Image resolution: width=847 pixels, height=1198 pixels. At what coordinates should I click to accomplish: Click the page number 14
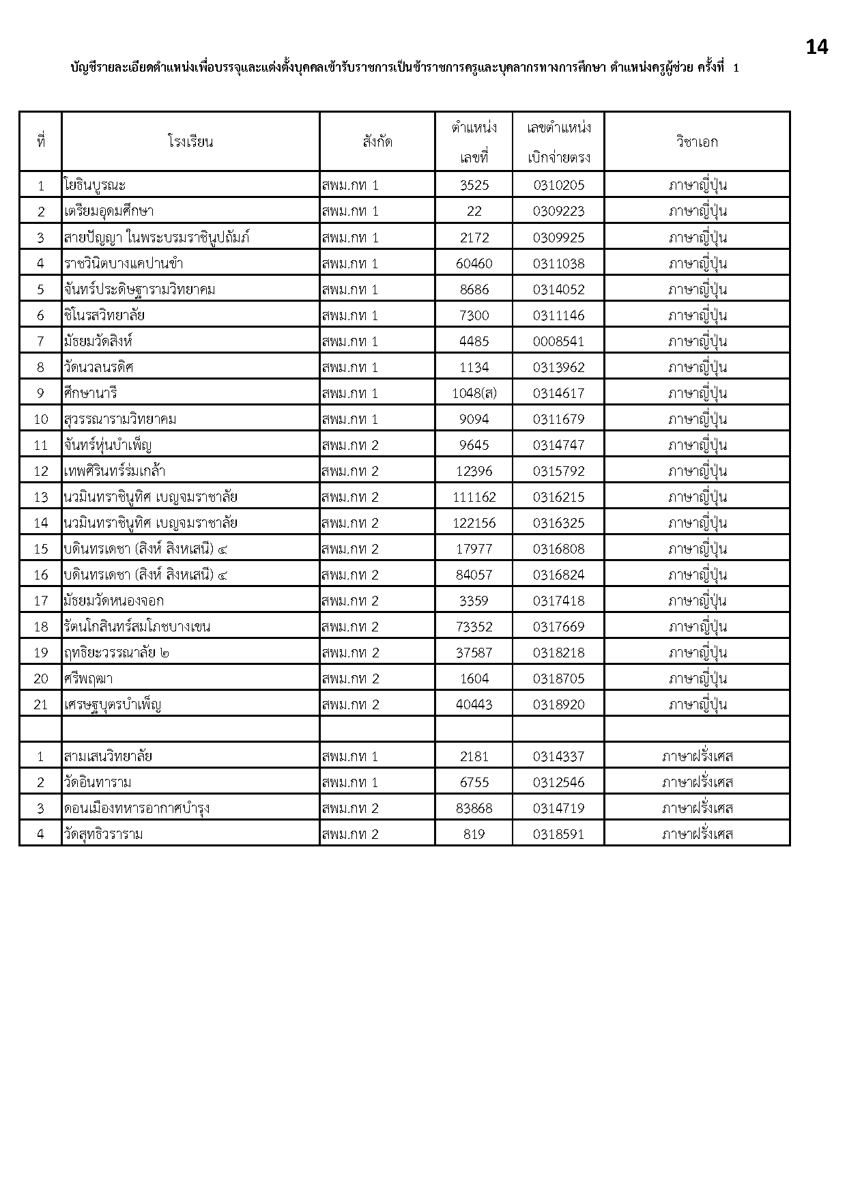816,47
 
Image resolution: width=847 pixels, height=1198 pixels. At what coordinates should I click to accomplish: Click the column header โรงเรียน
190,142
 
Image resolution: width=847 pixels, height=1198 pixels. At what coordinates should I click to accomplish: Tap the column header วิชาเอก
697,142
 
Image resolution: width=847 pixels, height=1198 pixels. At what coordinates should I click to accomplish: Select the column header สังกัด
377,142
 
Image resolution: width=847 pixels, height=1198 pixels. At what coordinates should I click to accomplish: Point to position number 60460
474,263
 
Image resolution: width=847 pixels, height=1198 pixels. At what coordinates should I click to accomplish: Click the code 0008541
558,341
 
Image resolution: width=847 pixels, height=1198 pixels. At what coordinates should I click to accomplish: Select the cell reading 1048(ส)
474,393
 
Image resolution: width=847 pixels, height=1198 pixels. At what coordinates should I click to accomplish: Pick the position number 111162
474,497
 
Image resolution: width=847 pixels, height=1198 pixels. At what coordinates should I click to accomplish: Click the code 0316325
558,523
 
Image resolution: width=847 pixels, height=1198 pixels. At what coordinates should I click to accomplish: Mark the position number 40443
474,704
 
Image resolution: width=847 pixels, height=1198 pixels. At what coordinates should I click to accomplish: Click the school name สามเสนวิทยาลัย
108,756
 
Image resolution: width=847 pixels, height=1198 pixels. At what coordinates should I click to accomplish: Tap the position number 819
474,834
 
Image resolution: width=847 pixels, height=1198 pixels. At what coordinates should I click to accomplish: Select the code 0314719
558,808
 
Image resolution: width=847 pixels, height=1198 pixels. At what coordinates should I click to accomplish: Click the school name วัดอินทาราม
98,782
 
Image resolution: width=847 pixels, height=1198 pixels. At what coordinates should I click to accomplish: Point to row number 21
41,704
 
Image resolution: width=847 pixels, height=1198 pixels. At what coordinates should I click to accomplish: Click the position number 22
474,211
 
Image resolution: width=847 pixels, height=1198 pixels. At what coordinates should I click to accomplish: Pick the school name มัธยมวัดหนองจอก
113,601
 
